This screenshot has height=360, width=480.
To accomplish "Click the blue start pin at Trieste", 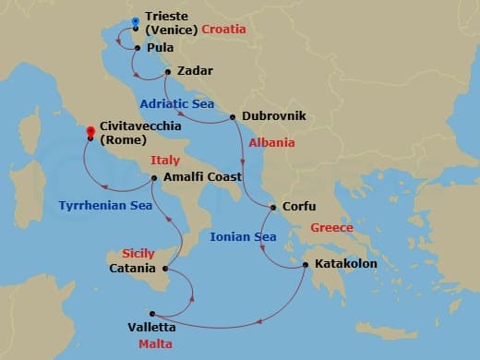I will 135,21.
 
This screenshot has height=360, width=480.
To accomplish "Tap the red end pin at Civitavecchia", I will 90,131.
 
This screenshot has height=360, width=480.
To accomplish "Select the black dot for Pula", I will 138,48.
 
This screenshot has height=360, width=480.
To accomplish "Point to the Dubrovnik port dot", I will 233,117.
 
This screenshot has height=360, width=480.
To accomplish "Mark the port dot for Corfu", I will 272,208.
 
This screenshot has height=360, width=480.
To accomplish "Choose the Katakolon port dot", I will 306,265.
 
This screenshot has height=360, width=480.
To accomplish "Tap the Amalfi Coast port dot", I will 154,177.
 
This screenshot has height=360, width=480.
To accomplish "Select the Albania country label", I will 272,143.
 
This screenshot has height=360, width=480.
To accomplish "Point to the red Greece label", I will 331,227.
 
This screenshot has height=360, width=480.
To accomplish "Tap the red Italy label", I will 166,160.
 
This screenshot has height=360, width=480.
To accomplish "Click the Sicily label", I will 138,253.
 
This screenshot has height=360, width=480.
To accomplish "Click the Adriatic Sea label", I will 177,104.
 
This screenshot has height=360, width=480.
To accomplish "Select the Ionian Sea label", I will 243,237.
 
